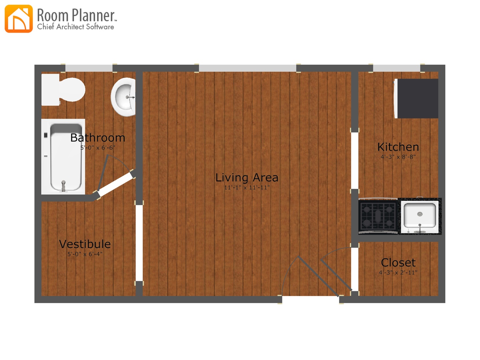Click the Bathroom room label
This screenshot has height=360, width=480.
tap(98, 138)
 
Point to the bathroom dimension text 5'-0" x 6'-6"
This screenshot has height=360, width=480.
tap(98, 148)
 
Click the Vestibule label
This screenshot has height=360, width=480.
tap(85, 244)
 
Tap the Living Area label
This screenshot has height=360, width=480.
tap(247, 177)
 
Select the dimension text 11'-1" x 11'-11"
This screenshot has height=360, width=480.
tap(247, 188)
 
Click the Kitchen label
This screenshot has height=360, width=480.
tap(398, 147)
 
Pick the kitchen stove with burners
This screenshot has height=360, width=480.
tap(378, 216)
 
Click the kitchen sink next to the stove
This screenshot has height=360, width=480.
tap(420, 216)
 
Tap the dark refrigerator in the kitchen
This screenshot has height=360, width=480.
tap(417, 98)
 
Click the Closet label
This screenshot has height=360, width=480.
tap(398, 263)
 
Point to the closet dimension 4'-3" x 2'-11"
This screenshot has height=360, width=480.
tap(398, 273)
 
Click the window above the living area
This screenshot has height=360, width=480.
tap(247, 68)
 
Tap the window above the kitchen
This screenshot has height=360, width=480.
tap(396, 68)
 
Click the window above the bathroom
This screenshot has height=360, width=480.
tap(89, 68)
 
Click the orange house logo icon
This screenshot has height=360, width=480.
tap(19, 19)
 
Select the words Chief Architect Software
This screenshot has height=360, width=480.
tap(76, 27)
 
